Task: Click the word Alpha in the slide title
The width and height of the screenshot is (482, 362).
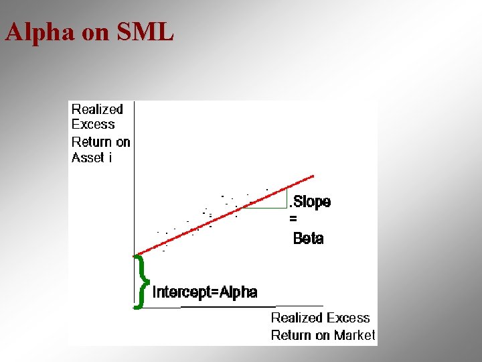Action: click(39, 32)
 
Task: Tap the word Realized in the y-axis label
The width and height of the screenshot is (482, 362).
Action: click(97, 109)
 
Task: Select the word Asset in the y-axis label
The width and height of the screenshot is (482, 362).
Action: click(88, 158)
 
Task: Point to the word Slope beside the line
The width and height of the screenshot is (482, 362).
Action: click(311, 202)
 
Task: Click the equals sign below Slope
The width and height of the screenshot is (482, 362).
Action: click(293, 219)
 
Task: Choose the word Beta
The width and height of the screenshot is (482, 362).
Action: click(308, 239)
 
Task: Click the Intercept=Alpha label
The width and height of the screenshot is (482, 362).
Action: click(205, 292)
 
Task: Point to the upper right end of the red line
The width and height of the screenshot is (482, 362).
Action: click(313, 176)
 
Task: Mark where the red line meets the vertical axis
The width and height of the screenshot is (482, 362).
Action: click(135, 254)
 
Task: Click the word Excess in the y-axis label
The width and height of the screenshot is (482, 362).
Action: click(93, 125)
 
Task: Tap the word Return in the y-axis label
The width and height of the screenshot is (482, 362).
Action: click(92, 142)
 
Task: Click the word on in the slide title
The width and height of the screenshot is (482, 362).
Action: click(96, 32)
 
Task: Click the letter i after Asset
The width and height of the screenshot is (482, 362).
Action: click(110, 158)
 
